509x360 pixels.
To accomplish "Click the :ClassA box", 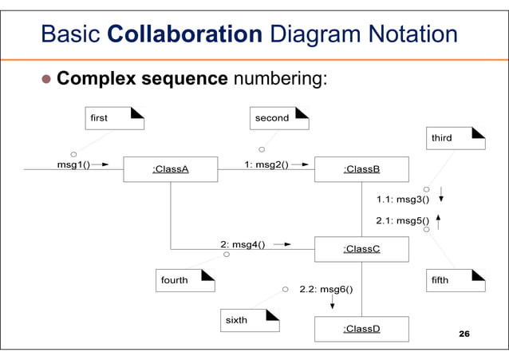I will [x=170, y=169].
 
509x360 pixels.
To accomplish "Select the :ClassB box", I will [x=361, y=169].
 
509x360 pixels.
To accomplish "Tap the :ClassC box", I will [x=361, y=249].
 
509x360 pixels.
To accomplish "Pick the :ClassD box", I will [x=361, y=329].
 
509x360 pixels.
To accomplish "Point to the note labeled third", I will [x=456, y=138].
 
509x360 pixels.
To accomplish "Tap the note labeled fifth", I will [x=456, y=280].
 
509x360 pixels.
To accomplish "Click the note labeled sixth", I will [x=250, y=320].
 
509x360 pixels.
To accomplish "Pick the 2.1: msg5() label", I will [x=402, y=220].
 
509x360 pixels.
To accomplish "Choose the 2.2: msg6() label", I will [x=326, y=289].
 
